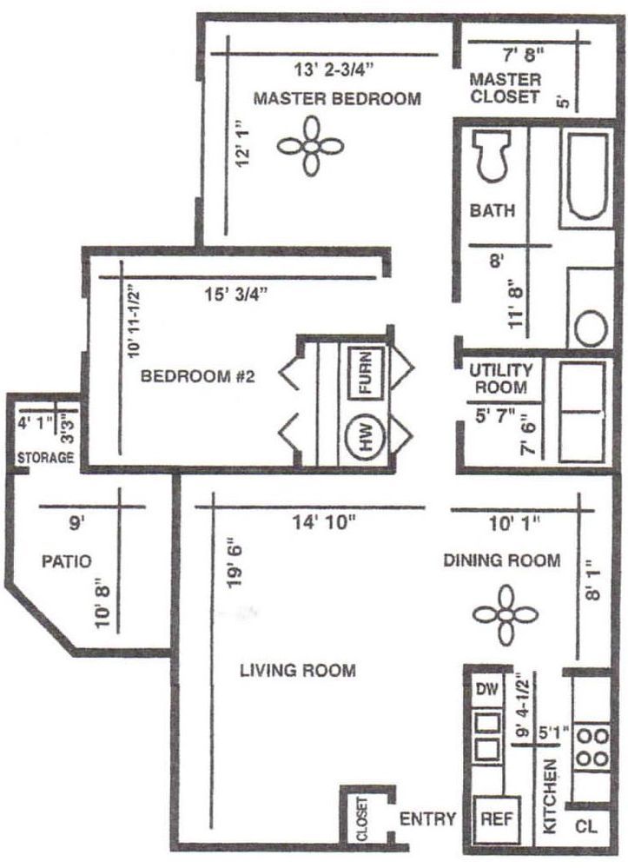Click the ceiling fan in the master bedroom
pyautogui.click(x=310, y=146)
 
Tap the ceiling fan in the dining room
pyautogui.click(x=506, y=614)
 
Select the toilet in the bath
pyautogui.click(x=490, y=156)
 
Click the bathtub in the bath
pyautogui.click(x=586, y=176)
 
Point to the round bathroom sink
pyautogui.click(x=591, y=328)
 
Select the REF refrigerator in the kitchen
pyautogui.click(x=497, y=818)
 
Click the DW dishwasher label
pyautogui.click(x=487, y=689)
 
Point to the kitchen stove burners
pyautogui.click(x=592, y=747)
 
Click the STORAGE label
pyautogui.click(x=45, y=458)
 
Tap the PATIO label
pyautogui.click(x=66, y=561)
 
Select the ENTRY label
pyautogui.click(x=427, y=818)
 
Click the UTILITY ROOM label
pyautogui.click(x=500, y=378)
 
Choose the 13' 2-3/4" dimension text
pyautogui.click(x=334, y=70)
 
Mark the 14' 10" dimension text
pyautogui.click(x=324, y=522)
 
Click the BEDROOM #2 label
pyautogui.click(x=197, y=376)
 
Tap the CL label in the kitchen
pyautogui.click(x=586, y=827)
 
